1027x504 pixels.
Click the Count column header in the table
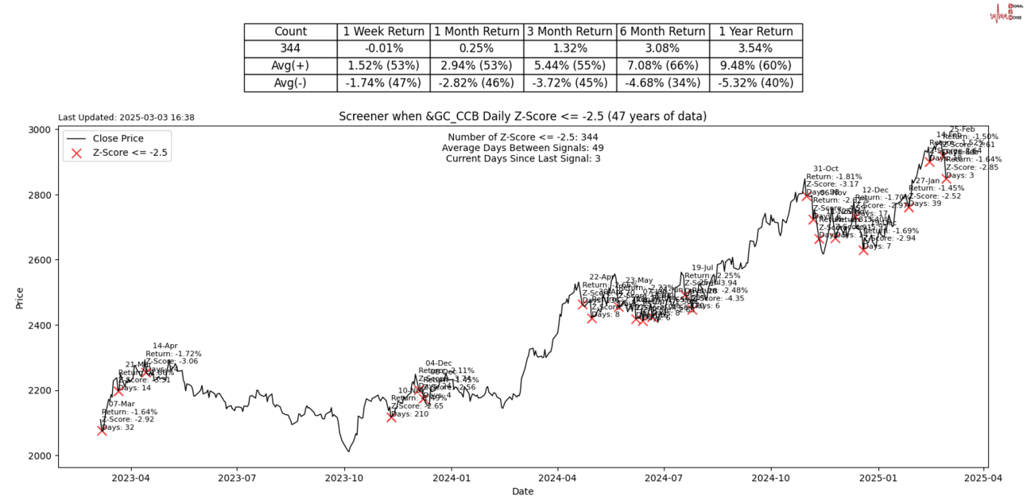[290, 32]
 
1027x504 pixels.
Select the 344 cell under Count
[290, 48]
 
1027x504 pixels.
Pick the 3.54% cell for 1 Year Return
[755, 48]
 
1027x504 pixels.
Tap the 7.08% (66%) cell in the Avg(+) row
[662, 65]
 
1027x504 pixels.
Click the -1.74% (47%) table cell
[383, 83]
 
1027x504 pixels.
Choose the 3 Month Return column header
[569, 32]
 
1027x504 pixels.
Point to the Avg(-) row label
[290, 83]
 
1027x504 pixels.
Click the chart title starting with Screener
[522, 117]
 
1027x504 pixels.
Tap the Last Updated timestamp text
[126, 118]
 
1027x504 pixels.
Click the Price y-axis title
[19, 297]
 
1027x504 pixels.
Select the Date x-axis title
[522, 492]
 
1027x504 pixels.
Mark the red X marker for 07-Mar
[102, 430]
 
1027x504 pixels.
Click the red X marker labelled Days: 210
[391, 417]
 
